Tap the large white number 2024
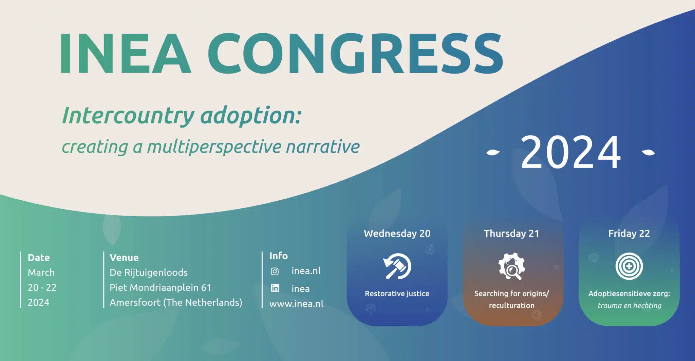tap(571, 152)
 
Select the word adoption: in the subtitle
tap(250, 116)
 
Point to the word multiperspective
tap(214, 147)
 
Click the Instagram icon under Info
tap(275, 271)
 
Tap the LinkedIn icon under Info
tap(275, 288)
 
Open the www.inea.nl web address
tap(296, 303)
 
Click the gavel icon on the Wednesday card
tap(397, 266)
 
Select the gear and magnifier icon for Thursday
tap(511, 266)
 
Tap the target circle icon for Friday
tap(629, 266)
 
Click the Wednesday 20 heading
tap(397, 234)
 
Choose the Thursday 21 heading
tap(511, 234)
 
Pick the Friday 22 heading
tap(629, 234)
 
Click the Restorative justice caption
tap(397, 294)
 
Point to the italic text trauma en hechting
tap(629, 305)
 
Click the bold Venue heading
tap(124, 258)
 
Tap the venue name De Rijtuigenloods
tap(148, 273)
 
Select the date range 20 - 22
tap(42, 287)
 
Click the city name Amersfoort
tap(135, 302)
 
